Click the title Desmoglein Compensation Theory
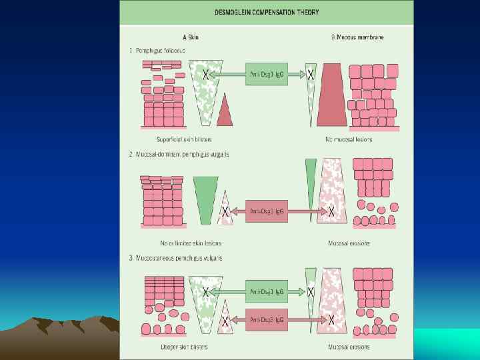tap(267, 12)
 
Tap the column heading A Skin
tap(190, 37)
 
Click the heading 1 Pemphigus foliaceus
tap(157, 51)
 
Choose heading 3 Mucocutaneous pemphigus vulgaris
tap(175, 258)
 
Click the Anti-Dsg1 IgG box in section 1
tap(266, 74)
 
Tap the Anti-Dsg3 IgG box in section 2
tap(266, 212)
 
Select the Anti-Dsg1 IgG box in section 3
tap(266, 291)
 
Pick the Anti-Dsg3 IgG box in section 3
tap(266, 320)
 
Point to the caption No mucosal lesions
tap(349, 139)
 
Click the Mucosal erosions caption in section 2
tap(349, 243)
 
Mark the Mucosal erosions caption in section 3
tap(349, 347)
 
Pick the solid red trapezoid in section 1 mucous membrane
tap(331, 97)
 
